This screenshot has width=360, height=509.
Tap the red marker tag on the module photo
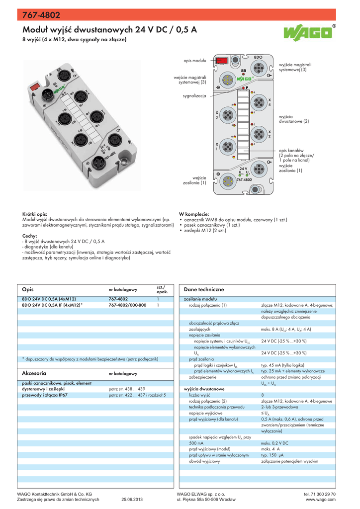point(35,86)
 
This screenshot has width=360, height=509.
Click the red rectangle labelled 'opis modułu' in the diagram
point(221,60)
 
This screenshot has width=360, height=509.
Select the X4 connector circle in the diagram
point(259,102)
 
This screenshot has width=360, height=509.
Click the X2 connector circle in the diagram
point(259,134)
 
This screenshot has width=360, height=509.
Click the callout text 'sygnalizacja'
point(194,95)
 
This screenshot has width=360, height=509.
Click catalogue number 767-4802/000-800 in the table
point(127,305)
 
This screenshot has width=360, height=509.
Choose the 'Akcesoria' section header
point(34,373)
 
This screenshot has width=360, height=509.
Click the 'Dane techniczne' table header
point(204,289)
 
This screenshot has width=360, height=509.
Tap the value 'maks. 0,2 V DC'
point(274,442)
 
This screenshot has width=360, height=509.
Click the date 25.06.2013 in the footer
point(132,500)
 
